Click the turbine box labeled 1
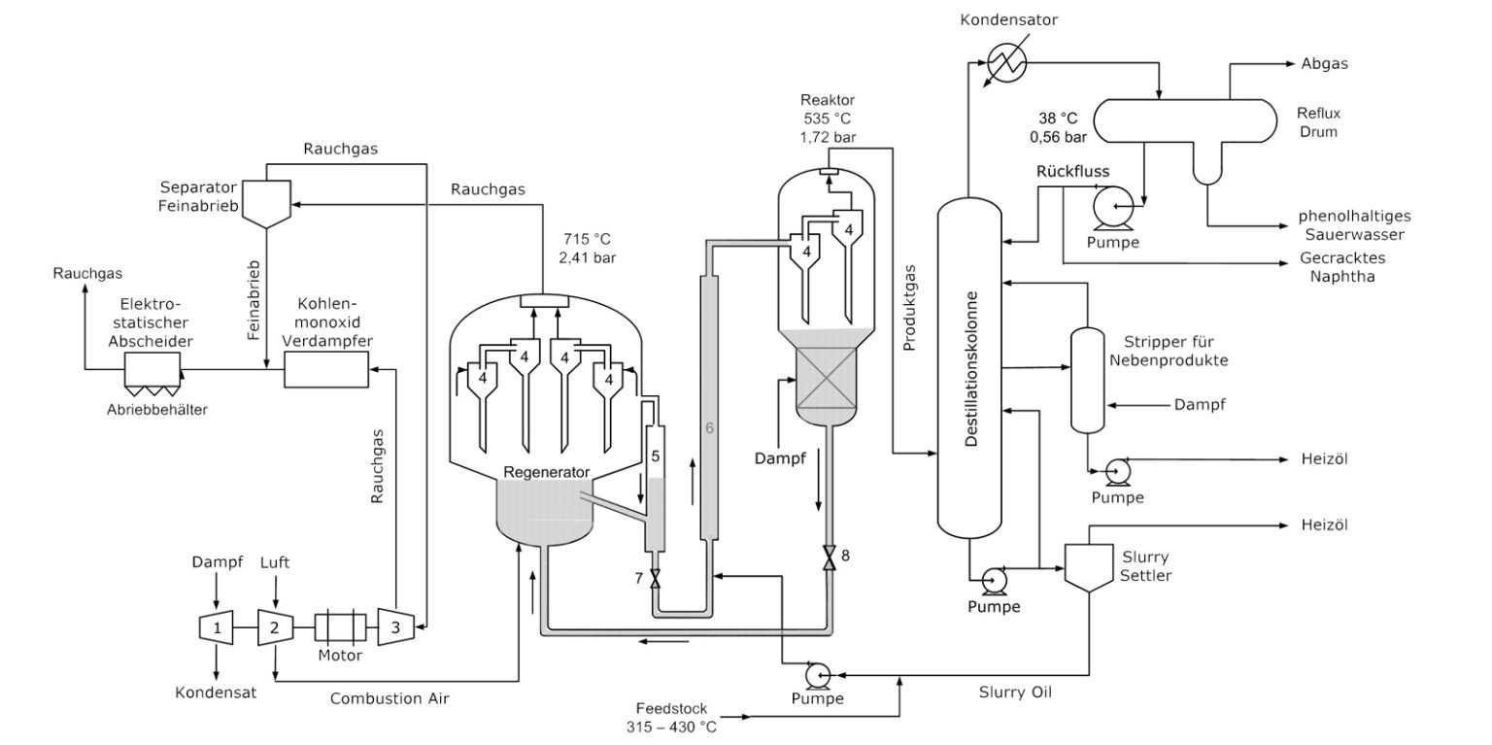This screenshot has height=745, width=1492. tap(216, 628)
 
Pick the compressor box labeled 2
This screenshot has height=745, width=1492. tap(275, 628)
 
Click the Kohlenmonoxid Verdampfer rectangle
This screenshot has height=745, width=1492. tap(325, 369)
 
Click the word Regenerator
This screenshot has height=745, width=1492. tap(546, 472)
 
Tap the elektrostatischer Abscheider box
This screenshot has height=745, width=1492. tap(153, 369)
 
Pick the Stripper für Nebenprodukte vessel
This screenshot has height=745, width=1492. tap(1087, 380)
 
